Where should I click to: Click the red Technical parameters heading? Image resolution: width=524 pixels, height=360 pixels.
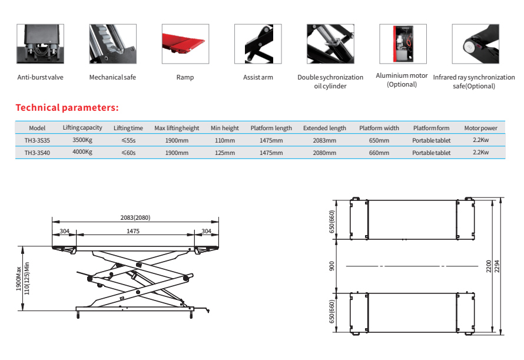[x=67, y=108]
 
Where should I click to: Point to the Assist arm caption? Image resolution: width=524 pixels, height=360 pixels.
[x=258, y=78]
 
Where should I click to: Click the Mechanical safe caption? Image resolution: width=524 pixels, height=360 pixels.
[x=112, y=77]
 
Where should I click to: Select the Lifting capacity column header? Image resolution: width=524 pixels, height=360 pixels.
[x=82, y=128]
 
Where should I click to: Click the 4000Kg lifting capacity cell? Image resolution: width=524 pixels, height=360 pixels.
[x=82, y=152]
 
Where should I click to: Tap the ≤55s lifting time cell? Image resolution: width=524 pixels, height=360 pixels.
[x=128, y=140]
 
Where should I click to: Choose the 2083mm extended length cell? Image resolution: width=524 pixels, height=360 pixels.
[x=324, y=140]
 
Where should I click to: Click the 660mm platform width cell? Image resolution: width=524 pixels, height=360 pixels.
[x=379, y=153]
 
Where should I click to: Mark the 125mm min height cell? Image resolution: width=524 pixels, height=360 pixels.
[x=225, y=153]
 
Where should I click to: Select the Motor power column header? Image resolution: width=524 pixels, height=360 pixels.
[x=480, y=128]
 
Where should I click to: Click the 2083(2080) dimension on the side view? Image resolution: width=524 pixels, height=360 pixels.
[x=135, y=217]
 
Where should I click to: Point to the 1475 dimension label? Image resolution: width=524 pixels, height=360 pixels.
[x=133, y=231]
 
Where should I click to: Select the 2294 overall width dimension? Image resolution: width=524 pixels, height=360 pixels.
[x=502, y=266]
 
